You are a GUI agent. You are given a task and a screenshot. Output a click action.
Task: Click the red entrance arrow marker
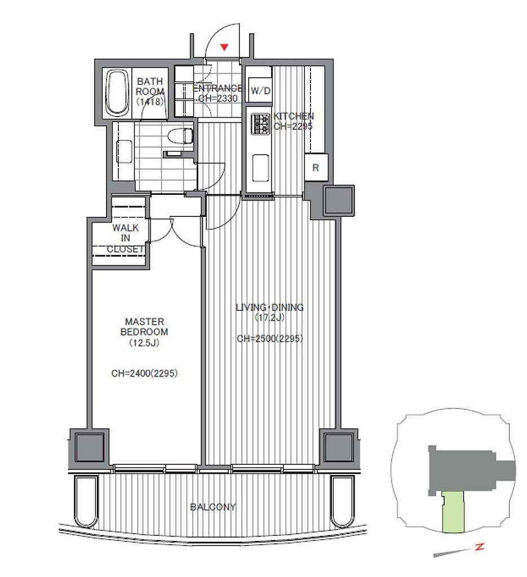point(224,47)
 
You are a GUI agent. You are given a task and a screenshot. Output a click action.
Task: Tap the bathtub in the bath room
point(117,93)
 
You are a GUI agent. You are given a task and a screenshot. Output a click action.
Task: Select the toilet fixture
point(180,136)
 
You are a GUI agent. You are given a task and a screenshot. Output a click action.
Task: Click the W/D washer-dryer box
point(260,90)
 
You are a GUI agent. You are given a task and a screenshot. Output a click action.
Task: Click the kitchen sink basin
point(261,168)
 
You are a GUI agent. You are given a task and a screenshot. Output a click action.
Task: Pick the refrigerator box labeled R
point(316,167)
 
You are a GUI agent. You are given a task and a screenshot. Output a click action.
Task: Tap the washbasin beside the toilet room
point(125,151)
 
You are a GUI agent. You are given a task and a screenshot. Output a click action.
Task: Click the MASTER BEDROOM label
point(144,327)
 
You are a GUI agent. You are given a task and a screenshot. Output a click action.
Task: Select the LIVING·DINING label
point(269,307)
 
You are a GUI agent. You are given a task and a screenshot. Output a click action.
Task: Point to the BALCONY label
point(212,507)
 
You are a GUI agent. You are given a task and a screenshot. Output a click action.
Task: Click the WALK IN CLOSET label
point(126,238)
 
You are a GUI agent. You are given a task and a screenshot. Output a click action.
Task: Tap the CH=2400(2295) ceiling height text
point(144,373)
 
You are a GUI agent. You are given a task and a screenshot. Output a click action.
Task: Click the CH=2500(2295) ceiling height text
point(270,339)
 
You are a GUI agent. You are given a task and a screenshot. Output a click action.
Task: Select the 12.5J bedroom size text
point(144,343)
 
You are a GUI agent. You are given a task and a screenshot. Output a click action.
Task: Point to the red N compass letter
point(479,547)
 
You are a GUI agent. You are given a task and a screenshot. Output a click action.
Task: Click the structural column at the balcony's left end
point(90,447)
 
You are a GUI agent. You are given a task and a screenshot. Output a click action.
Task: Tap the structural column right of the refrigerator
point(339,201)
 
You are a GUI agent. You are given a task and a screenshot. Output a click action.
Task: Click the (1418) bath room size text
point(150,101)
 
